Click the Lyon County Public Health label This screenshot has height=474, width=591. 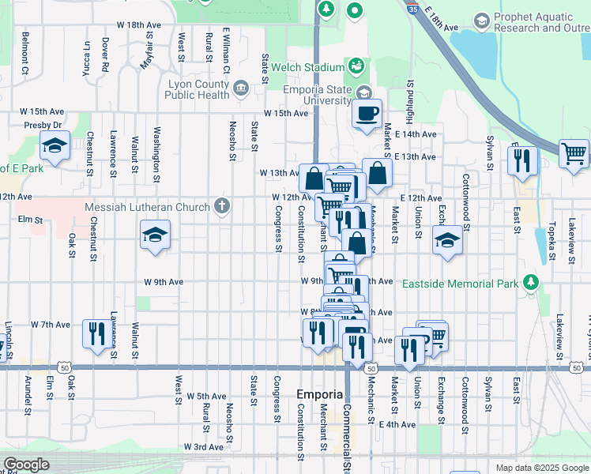pyautogui.click(x=197, y=89)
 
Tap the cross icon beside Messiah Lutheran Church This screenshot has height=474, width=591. pyautogui.click(x=223, y=207)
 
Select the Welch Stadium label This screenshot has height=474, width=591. pyautogui.click(x=308, y=68)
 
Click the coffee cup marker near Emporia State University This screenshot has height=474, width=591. pyautogui.click(x=367, y=114)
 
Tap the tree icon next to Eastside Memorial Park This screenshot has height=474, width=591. pyautogui.click(x=531, y=282)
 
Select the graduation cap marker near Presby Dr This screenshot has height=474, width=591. pyautogui.click(x=55, y=147)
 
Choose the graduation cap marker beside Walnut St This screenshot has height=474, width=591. pyautogui.click(x=155, y=235)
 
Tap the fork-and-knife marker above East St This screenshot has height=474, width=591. pyautogui.click(x=524, y=160)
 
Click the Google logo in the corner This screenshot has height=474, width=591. pyautogui.click(x=26, y=465)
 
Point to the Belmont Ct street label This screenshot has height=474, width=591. pyautogui.click(x=26, y=54)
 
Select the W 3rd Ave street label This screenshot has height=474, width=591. pyautogui.click(x=204, y=447)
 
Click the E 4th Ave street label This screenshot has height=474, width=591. pyautogui.click(x=397, y=424)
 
